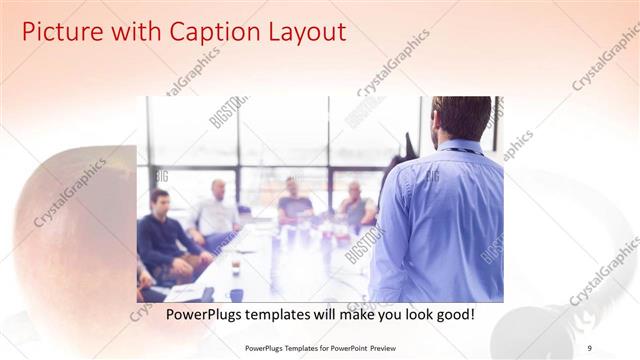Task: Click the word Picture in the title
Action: point(60,32)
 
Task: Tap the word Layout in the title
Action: point(303,32)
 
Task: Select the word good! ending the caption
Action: point(453,315)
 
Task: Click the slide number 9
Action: point(590,347)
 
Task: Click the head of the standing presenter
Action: point(461,117)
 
